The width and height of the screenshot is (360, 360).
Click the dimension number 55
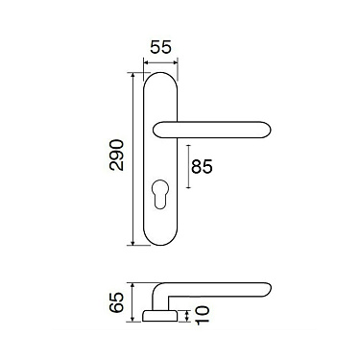click(x=161, y=47)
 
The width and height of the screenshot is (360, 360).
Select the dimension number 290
click(x=116, y=155)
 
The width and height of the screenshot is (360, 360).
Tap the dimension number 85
click(x=202, y=166)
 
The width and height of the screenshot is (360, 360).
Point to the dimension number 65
click(x=116, y=302)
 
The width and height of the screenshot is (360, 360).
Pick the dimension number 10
click(x=203, y=315)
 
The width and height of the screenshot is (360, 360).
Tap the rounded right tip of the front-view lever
click(x=267, y=130)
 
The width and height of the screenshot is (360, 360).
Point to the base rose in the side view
click(x=159, y=316)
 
